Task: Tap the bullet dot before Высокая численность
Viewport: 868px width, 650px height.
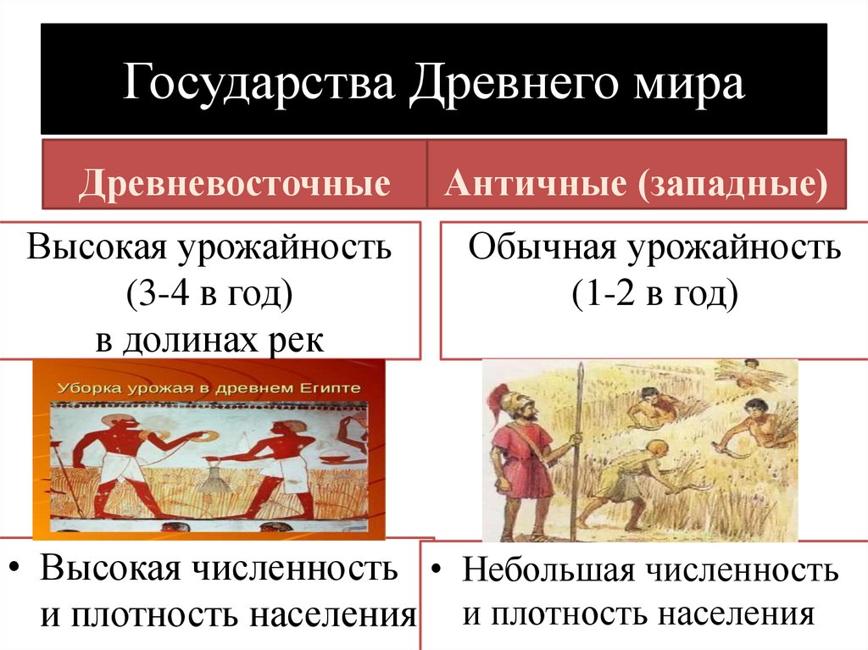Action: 18,567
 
